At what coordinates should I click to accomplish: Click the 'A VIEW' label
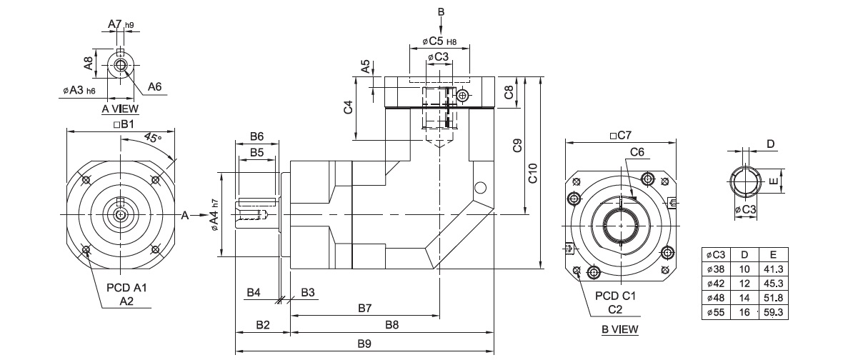tap(120, 109)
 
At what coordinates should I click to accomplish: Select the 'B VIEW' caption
tap(619, 329)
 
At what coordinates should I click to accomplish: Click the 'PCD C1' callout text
tap(616, 295)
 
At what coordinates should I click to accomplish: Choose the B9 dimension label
tap(364, 344)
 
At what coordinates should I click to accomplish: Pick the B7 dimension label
tap(364, 308)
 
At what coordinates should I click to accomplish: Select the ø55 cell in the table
tap(715, 312)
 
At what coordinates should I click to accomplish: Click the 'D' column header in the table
tap(744, 254)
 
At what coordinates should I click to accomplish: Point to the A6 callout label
tap(155, 86)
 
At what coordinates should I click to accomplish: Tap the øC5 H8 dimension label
tap(440, 40)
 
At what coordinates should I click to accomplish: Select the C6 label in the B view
tap(637, 151)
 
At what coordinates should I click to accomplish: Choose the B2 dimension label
tap(262, 325)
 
